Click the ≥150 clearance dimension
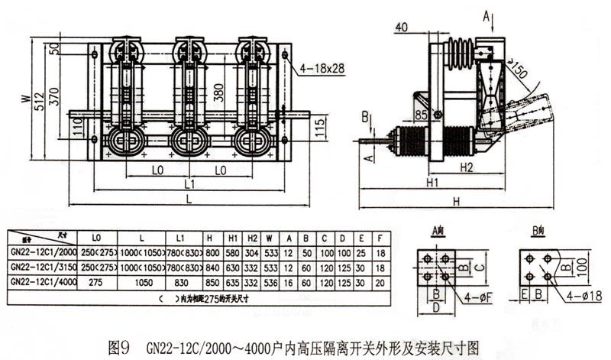(519, 73)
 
